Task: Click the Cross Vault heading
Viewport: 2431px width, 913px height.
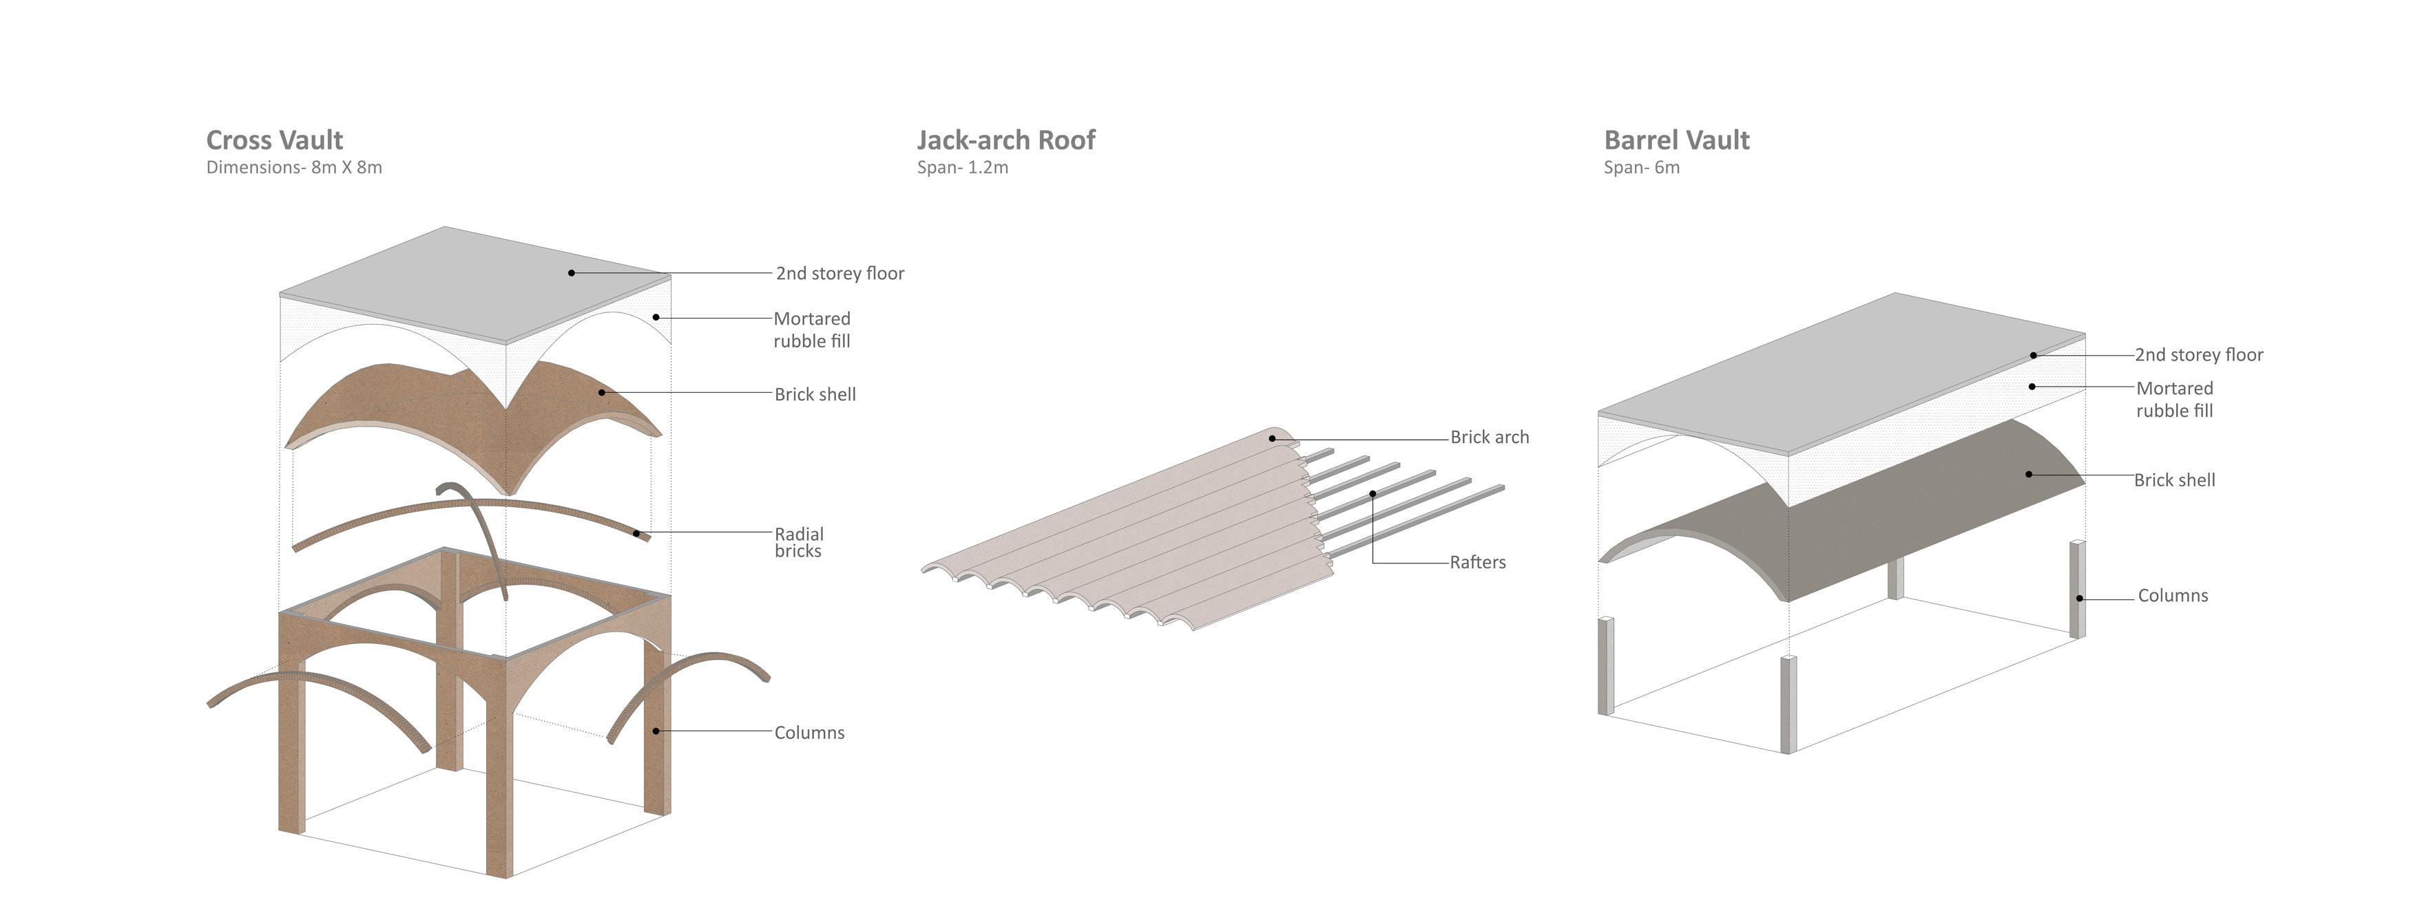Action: [x=275, y=140]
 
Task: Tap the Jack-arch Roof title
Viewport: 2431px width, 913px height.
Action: [x=1006, y=140]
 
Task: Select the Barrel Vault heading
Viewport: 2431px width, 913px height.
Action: [x=1677, y=140]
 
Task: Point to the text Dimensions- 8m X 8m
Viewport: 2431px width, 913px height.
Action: [x=295, y=168]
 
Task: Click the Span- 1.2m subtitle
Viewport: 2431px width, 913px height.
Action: [x=963, y=168]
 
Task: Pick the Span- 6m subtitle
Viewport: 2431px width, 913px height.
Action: [x=1642, y=168]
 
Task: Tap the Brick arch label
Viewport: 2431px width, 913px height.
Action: [x=1489, y=438]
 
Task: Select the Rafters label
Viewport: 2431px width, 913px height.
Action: [x=1478, y=563]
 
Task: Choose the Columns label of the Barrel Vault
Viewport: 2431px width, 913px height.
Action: [x=2173, y=596]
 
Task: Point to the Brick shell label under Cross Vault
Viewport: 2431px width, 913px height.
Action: [x=815, y=395]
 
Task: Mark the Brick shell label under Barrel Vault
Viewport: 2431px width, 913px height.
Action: [x=2174, y=480]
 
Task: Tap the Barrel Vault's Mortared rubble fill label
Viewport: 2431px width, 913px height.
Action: [x=2174, y=400]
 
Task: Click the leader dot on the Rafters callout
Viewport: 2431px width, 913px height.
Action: [x=1373, y=493]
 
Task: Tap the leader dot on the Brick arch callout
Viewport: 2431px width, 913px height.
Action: [x=1272, y=438]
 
